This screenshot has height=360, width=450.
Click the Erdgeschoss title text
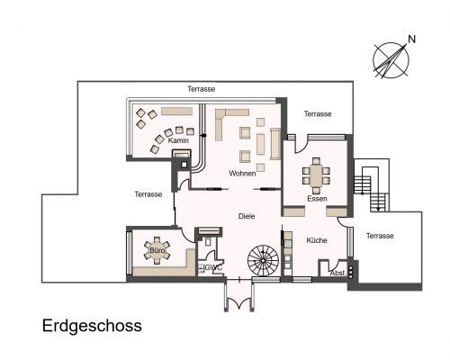(x=92, y=326)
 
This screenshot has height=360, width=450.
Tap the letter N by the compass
(x=412, y=39)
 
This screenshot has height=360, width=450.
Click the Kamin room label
(x=177, y=140)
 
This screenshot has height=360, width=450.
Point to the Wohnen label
(x=242, y=173)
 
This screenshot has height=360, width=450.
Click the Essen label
(x=317, y=198)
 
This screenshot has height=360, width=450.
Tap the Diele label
(x=247, y=216)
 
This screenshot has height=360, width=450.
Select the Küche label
(x=316, y=240)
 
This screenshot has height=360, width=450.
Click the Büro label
(x=157, y=251)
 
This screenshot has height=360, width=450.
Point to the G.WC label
(x=212, y=267)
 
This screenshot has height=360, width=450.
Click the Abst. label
(x=337, y=273)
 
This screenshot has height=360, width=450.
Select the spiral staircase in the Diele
(x=265, y=262)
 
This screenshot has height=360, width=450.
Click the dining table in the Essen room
(x=316, y=174)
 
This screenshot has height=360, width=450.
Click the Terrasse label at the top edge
(x=202, y=89)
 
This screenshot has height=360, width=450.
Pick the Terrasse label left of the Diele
(x=148, y=194)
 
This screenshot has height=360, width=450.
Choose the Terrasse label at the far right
(x=380, y=236)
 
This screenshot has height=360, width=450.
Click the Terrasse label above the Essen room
(x=318, y=114)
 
